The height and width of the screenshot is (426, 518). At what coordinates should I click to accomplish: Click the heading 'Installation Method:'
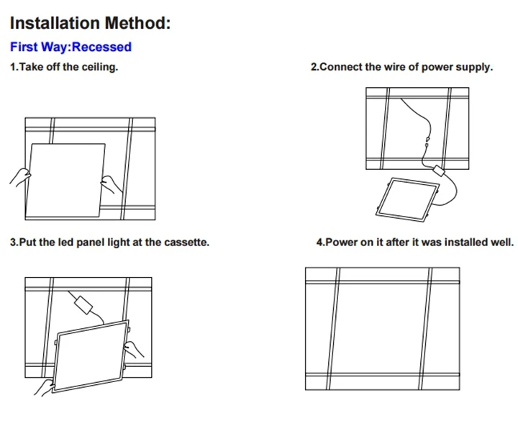click(90, 22)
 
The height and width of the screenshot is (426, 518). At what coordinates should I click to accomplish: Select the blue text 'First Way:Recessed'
click(71, 47)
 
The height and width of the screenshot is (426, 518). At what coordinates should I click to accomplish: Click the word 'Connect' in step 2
click(341, 67)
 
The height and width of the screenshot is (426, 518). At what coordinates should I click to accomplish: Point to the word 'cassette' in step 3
click(185, 243)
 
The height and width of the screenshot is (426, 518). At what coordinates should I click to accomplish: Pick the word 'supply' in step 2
click(474, 67)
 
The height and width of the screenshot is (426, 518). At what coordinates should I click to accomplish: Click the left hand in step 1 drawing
click(20, 176)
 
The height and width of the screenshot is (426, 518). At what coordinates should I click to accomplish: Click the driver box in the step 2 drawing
click(438, 171)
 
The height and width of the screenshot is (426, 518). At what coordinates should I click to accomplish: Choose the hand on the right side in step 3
click(134, 350)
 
